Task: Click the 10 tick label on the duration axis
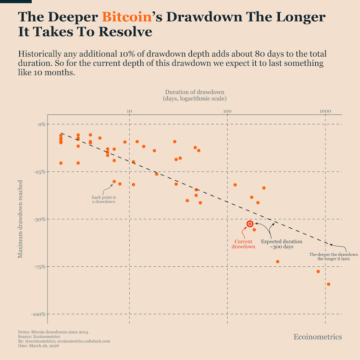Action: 129,112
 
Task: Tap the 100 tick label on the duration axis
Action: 227,112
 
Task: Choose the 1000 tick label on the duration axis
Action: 325,112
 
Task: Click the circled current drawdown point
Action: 250,224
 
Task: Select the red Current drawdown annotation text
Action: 243,244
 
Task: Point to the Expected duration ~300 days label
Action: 282,244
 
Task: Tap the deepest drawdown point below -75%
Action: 329,284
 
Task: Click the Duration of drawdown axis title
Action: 195,95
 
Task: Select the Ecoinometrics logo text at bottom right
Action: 318,337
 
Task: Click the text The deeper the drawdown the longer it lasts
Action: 334,256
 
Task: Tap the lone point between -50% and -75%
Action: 277,261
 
